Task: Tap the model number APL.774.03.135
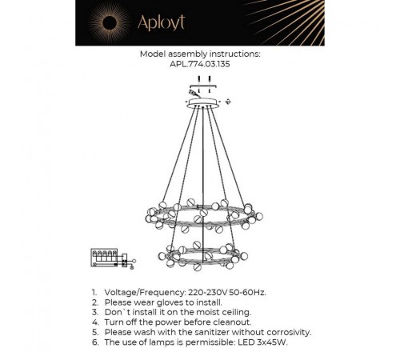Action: [201, 66]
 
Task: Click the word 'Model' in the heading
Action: [151, 55]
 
